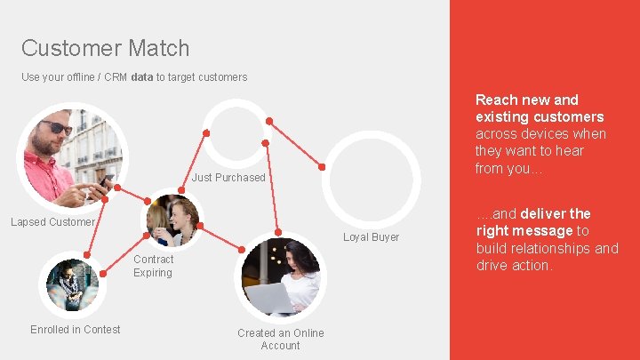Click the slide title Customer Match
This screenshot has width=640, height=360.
[x=105, y=48]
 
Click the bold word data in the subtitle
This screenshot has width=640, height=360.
[x=141, y=77]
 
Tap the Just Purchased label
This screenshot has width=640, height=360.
[x=228, y=178]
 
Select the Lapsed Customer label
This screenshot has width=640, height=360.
[x=52, y=221]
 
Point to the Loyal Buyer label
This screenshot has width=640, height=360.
[x=372, y=237]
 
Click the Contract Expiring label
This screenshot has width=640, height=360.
[x=153, y=266]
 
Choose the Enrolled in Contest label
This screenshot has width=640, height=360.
[x=75, y=330]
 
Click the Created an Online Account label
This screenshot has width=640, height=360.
[x=280, y=340]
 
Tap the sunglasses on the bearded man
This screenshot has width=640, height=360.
[x=56, y=128]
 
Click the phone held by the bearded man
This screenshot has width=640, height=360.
[x=105, y=182]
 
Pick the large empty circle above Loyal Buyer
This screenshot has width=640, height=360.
[x=371, y=175]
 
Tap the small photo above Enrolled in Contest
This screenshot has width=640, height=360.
[x=72, y=284]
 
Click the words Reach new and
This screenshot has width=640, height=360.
[x=527, y=100]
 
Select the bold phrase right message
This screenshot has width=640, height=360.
[x=524, y=231]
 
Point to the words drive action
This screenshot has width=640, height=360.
[x=514, y=265]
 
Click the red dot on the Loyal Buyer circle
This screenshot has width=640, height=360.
[x=322, y=166]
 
